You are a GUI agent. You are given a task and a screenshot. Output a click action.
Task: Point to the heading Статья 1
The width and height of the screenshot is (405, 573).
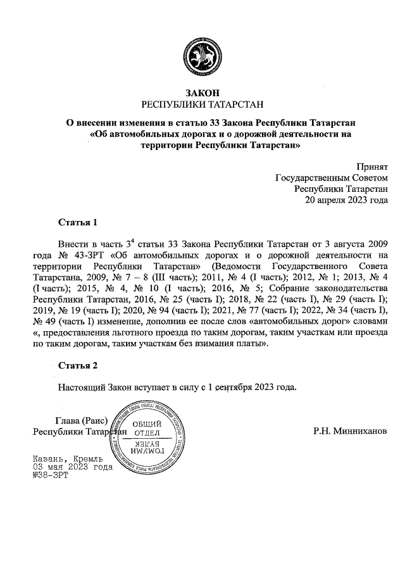tap(78, 223)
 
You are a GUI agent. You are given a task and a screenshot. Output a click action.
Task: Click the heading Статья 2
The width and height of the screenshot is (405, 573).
tap(78, 365)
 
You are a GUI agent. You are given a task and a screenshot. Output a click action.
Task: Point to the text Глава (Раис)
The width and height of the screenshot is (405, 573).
tap(82, 420)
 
